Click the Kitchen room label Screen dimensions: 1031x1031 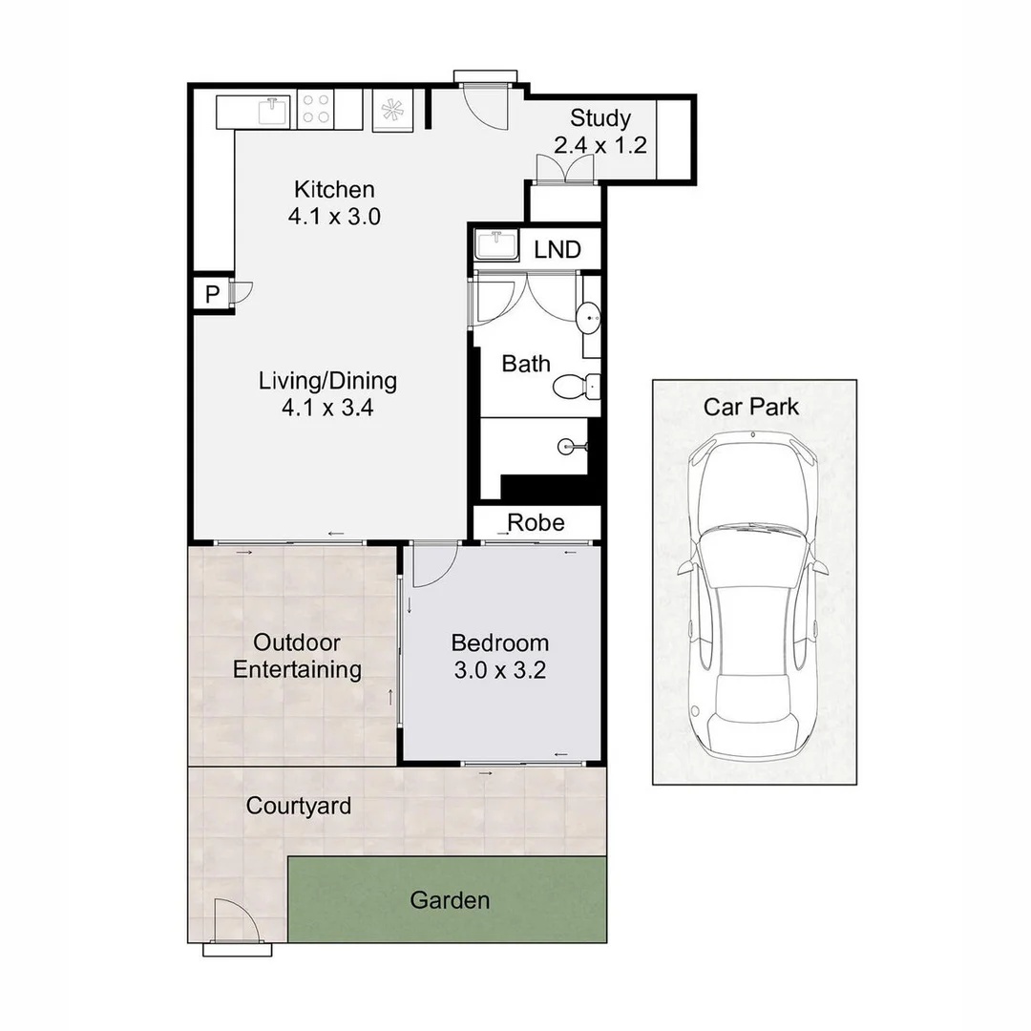click(334, 189)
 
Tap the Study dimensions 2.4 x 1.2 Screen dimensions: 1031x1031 click(600, 145)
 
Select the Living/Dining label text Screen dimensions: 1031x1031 click(327, 381)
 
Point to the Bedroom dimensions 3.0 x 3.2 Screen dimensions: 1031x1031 click(499, 670)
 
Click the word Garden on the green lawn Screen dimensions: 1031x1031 click(450, 899)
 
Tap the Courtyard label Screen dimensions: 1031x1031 click(299, 806)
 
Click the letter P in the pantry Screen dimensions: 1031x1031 click(212, 294)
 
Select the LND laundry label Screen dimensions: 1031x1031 click(557, 250)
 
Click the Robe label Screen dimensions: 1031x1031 click(536, 523)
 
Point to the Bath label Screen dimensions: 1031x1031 click(525, 364)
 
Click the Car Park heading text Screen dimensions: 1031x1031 click(751, 407)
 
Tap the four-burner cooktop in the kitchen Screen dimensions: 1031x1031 click(316, 109)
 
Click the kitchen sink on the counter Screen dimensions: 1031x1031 click(274, 111)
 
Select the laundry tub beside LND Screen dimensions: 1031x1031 click(497, 244)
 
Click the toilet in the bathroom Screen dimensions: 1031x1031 click(576, 387)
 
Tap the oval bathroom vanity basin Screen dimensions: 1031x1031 click(588, 318)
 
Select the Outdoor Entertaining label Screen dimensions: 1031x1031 click(297, 656)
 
